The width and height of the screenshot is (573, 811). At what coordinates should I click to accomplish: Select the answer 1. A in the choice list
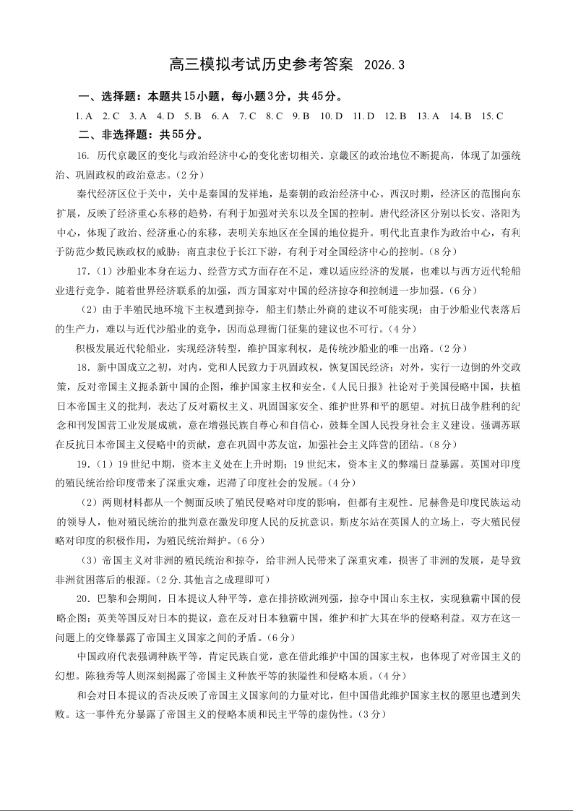point(84,116)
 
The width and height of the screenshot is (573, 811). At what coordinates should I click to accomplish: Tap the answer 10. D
point(331,116)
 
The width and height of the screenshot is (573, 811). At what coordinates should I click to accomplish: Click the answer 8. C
point(274,116)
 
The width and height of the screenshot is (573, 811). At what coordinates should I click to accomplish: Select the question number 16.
point(82,155)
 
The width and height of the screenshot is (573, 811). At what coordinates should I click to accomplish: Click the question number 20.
point(82,599)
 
